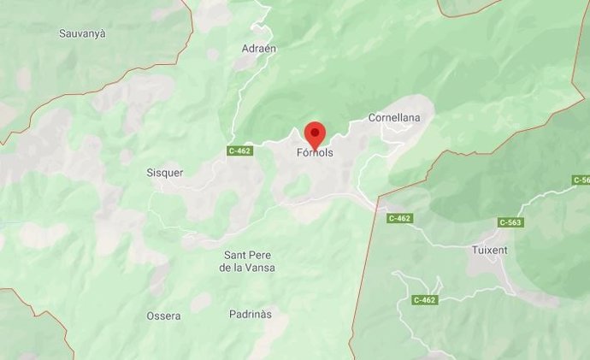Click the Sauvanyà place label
coord(82,34)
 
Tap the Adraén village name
coord(259,49)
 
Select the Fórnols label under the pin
coord(315,155)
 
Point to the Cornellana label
coord(392,117)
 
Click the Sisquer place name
coord(165,172)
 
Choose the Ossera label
coord(163,316)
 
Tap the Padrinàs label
coord(250,314)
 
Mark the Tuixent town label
coord(490,251)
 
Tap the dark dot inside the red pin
coord(316,132)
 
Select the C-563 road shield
coord(510,222)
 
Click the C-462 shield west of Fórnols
coord(240,151)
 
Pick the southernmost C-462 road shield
coord(424,300)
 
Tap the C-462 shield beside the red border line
coord(399,218)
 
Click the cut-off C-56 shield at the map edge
coord(581,180)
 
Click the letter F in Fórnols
coord(300,155)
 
